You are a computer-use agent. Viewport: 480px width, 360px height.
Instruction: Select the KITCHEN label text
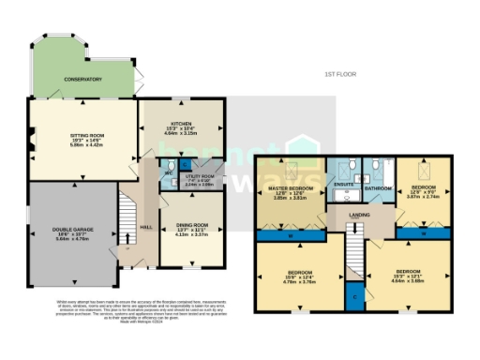click(x=181, y=124)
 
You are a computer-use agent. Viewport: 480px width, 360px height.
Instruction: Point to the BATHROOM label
click(x=378, y=188)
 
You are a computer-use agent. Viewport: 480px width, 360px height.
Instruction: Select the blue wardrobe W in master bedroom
click(x=291, y=235)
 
